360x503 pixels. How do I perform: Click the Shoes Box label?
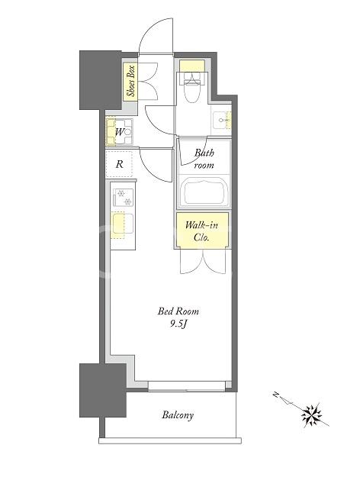tap(130, 81)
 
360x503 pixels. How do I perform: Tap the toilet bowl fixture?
tap(192, 87)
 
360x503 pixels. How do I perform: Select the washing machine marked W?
tap(119, 132)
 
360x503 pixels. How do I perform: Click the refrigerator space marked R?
tap(119, 164)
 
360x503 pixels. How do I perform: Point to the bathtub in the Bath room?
tap(204, 193)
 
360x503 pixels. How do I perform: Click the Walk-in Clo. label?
tap(201, 231)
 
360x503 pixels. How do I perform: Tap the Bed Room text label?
tap(178, 311)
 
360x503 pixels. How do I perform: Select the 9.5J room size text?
tap(178, 324)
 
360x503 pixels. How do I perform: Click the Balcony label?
tap(178, 415)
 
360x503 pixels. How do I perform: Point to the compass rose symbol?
tap(311, 414)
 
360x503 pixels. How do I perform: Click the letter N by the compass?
tap(275, 395)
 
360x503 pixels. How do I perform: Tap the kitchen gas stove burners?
tap(123, 197)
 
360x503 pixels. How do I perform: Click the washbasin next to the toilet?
tap(221, 121)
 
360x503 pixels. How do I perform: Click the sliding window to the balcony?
tap(187, 386)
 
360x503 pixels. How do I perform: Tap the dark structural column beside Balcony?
tap(103, 390)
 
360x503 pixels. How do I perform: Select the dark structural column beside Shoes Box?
tap(101, 80)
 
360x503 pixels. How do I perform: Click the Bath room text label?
tap(204, 159)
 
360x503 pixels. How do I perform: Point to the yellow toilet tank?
tap(192, 66)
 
